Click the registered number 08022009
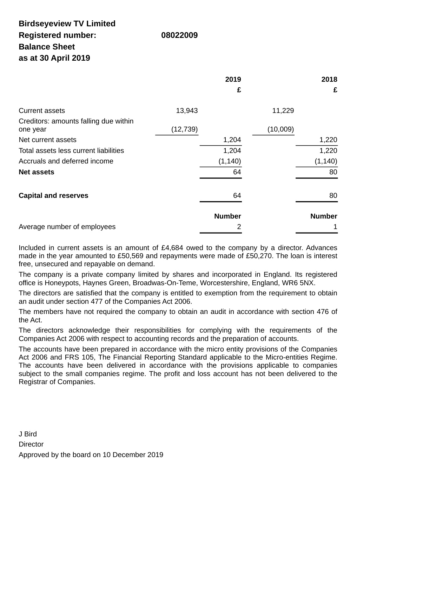tap(179, 35)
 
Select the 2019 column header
tap(233, 80)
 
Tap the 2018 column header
tap(329, 80)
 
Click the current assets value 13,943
tap(187, 111)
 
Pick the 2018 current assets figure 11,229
tap(283, 111)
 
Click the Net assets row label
tap(37, 172)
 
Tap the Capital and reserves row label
tap(53, 196)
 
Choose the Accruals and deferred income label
tap(66, 161)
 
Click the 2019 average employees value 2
tap(239, 227)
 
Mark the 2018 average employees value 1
tap(335, 227)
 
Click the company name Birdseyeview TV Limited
tap(67, 24)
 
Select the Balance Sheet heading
tap(47, 47)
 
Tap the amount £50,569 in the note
tap(131, 256)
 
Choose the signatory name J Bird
tap(28, 434)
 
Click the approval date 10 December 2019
tap(133, 455)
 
